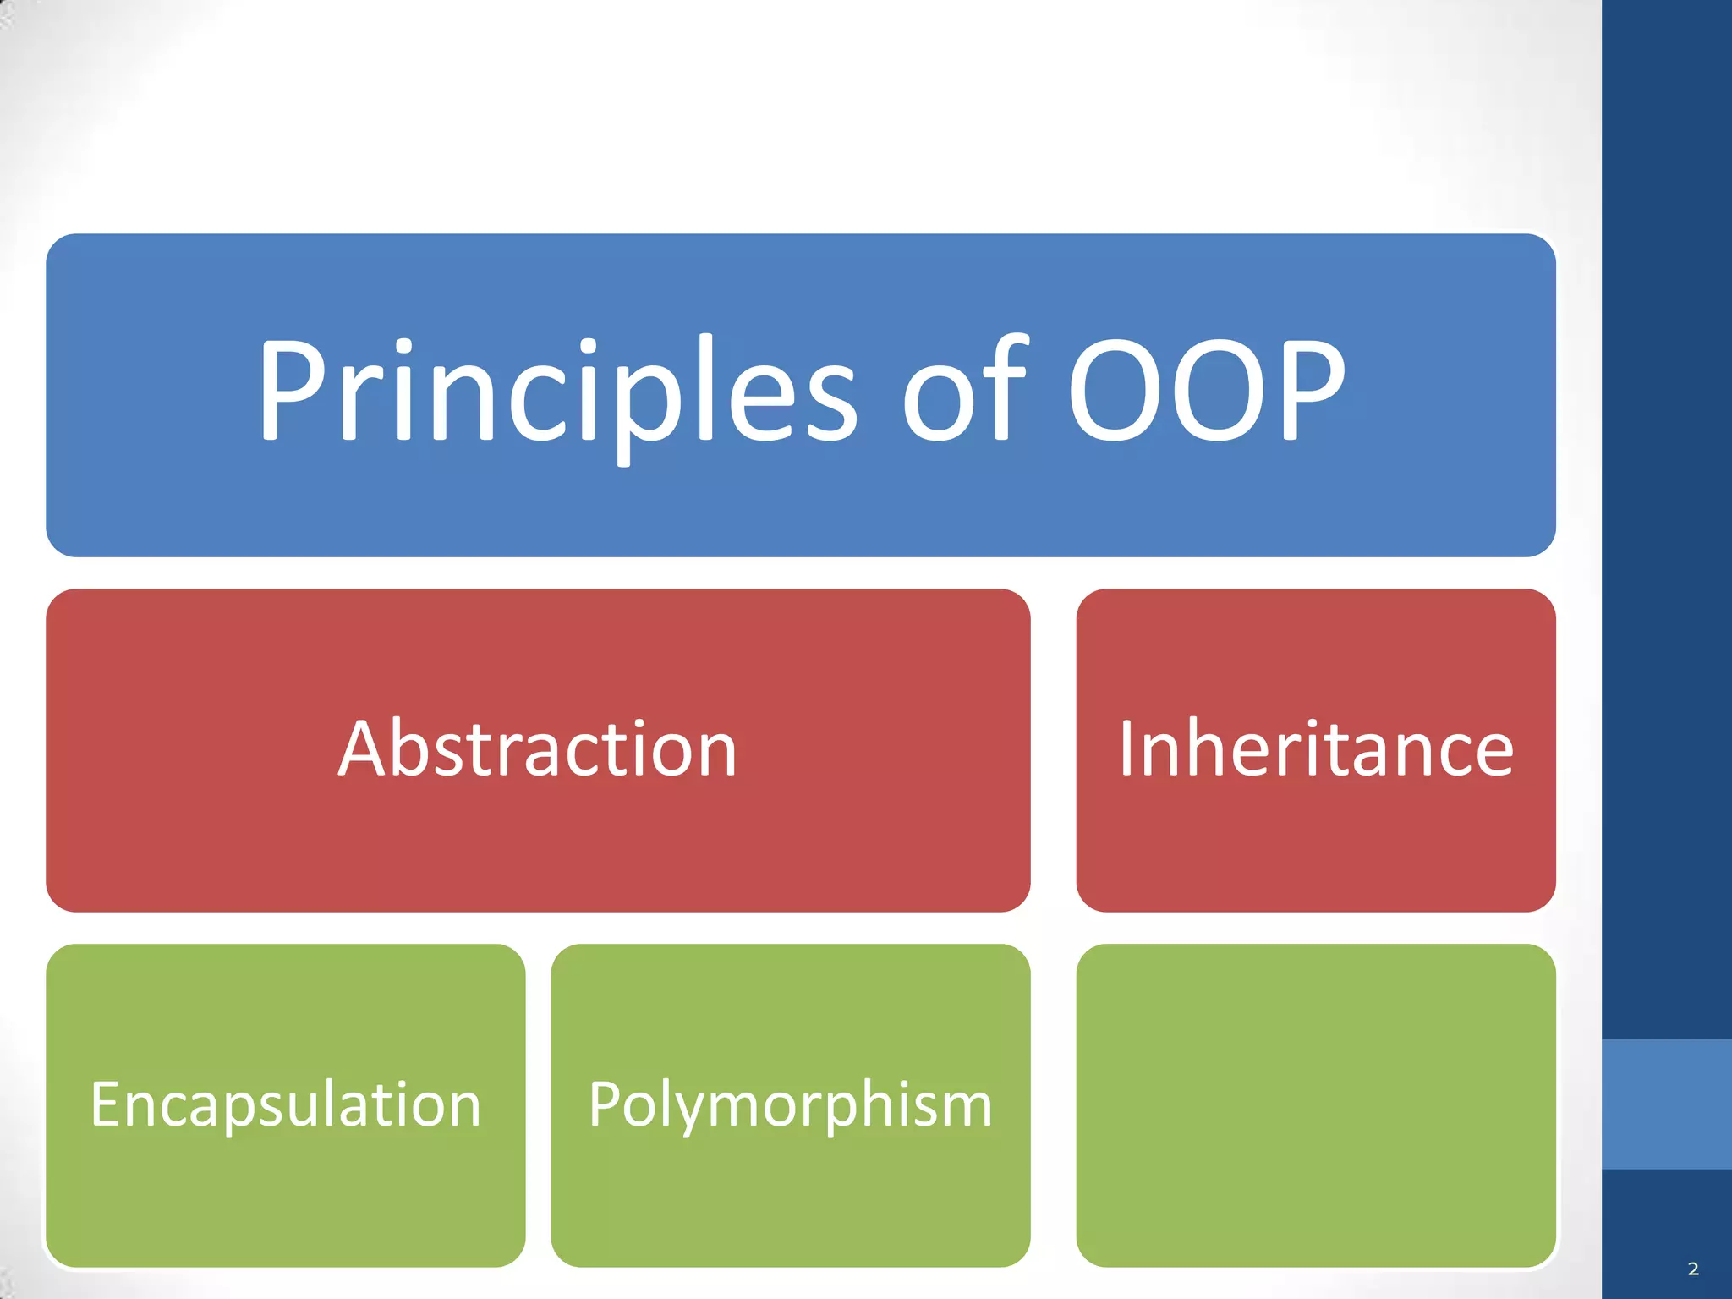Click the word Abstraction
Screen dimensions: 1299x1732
click(x=538, y=749)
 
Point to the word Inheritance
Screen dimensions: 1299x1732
click(x=1316, y=749)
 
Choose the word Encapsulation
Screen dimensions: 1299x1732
click(x=286, y=1104)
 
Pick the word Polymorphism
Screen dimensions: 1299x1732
click(x=790, y=1104)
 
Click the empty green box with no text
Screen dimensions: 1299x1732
click(x=1316, y=1104)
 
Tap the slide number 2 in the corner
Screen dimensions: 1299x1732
click(x=1693, y=1269)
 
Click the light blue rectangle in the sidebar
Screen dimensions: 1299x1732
click(x=1666, y=1104)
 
